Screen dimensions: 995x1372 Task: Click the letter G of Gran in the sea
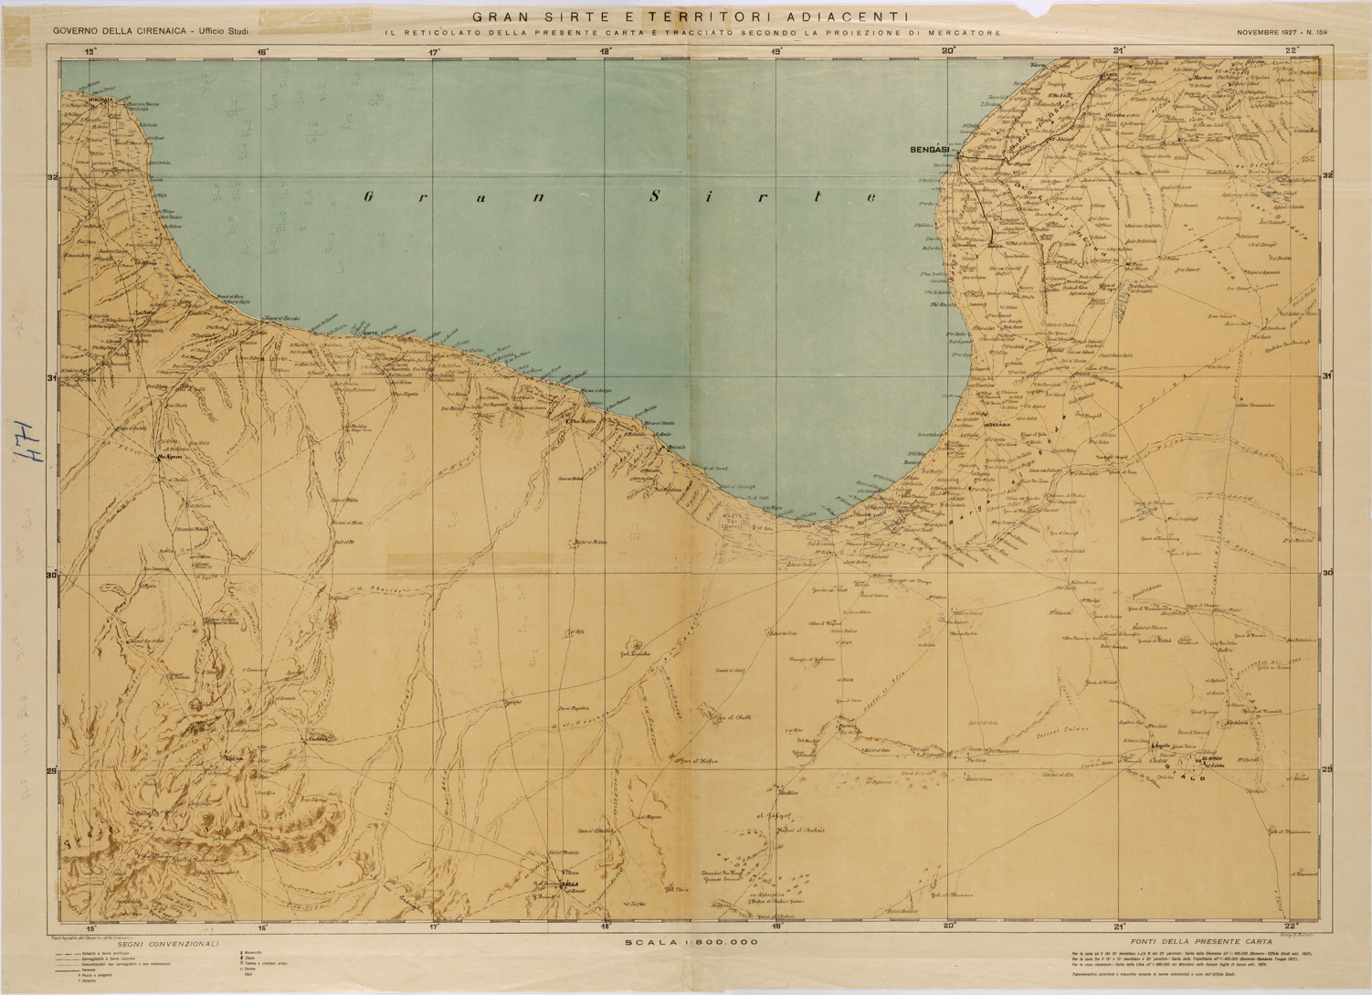pos(369,196)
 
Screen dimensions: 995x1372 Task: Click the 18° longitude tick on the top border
pos(606,52)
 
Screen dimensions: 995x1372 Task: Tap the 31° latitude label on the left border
pos(52,377)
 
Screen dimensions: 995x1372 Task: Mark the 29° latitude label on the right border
pos(1326,769)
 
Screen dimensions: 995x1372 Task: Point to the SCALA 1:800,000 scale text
pos(691,941)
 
